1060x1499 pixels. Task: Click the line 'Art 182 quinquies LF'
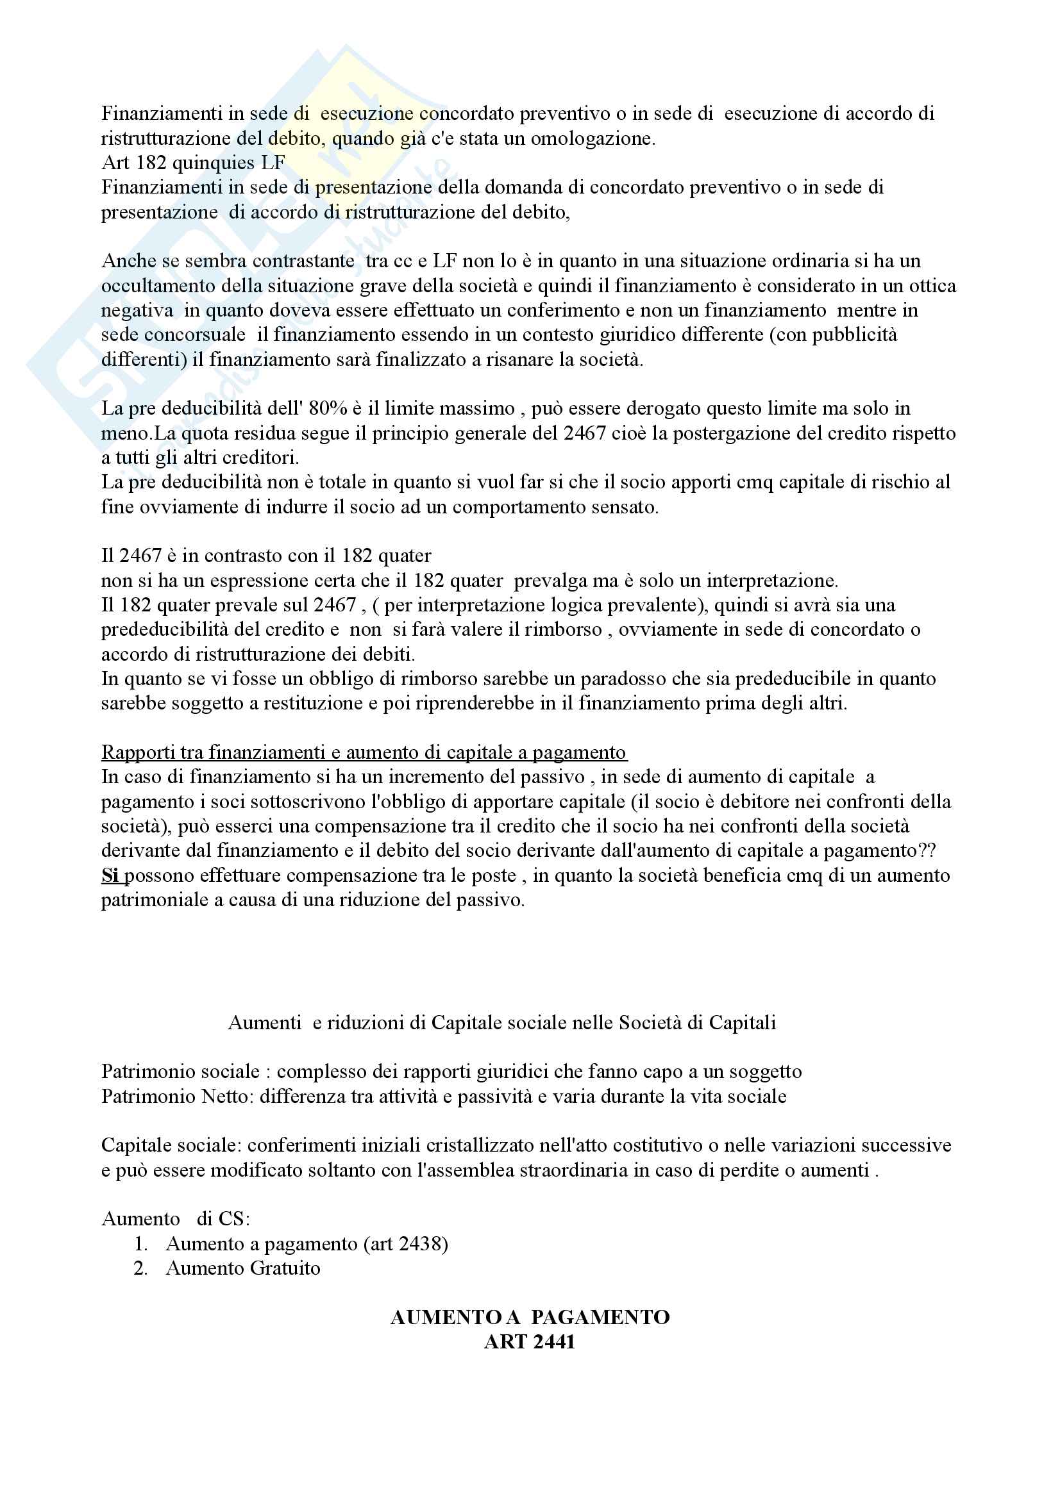192,163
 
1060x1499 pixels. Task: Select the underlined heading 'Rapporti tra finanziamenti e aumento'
364,753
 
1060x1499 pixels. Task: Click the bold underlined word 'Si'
110,875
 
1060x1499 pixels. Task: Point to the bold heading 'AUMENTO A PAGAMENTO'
530,1318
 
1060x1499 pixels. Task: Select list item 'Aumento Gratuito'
243,1268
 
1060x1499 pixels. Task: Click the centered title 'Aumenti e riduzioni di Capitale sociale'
501,1022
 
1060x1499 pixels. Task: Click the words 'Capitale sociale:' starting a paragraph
171,1145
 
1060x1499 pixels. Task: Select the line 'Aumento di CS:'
176,1219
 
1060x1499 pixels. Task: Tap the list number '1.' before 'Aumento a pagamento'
141,1244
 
